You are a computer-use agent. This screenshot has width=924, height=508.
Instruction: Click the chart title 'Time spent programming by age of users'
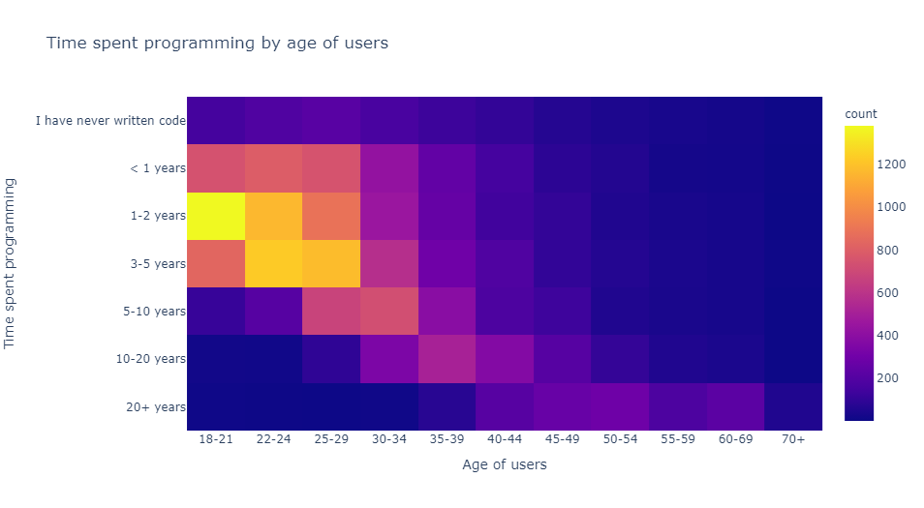tap(217, 43)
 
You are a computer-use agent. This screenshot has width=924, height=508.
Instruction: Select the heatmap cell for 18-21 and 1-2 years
tap(216, 216)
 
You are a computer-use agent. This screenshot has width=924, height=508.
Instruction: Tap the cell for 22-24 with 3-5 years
tap(273, 263)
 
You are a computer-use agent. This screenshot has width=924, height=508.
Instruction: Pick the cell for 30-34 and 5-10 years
tap(389, 311)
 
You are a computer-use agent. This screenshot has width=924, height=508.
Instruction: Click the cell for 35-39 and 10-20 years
tap(447, 358)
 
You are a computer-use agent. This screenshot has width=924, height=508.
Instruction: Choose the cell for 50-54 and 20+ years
tap(620, 406)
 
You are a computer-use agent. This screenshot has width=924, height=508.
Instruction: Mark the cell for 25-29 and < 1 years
tap(331, 168)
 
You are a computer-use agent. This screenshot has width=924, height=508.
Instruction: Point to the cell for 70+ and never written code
tap(793, 121)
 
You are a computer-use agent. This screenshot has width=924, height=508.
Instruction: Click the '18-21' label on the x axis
tap(216, 439)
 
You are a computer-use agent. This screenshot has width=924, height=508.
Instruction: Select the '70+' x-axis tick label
tap(793, 439)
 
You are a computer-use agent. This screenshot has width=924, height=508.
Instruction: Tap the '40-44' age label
tap(505, 439)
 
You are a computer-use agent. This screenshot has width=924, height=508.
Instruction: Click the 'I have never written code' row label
tap(109, 121)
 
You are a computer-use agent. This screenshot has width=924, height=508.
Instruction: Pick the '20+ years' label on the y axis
tap(155, 406)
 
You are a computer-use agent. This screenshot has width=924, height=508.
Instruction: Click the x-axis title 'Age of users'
tap(505, 465)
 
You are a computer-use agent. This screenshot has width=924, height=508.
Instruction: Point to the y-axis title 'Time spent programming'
tap(12, 263)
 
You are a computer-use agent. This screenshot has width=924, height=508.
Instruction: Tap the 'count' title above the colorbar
tap(861, 114)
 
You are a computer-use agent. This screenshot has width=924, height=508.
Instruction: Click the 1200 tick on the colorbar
tap(892, 164)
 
